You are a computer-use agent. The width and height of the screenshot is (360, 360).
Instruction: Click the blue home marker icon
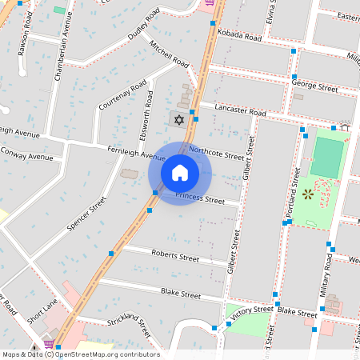[x=180, y=172]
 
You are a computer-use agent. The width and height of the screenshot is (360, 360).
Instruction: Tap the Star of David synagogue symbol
[x=179, y=119]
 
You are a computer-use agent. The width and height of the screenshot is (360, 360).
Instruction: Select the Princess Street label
[x=200, y=198]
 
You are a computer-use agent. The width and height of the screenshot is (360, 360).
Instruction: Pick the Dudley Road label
[x=148, y=28]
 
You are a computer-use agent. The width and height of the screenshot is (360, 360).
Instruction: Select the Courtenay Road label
[x=122, y=95]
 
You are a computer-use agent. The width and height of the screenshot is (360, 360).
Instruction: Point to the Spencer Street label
[x=87, y=214]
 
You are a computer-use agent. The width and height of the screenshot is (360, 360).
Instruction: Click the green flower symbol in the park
[x=307, y=194]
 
